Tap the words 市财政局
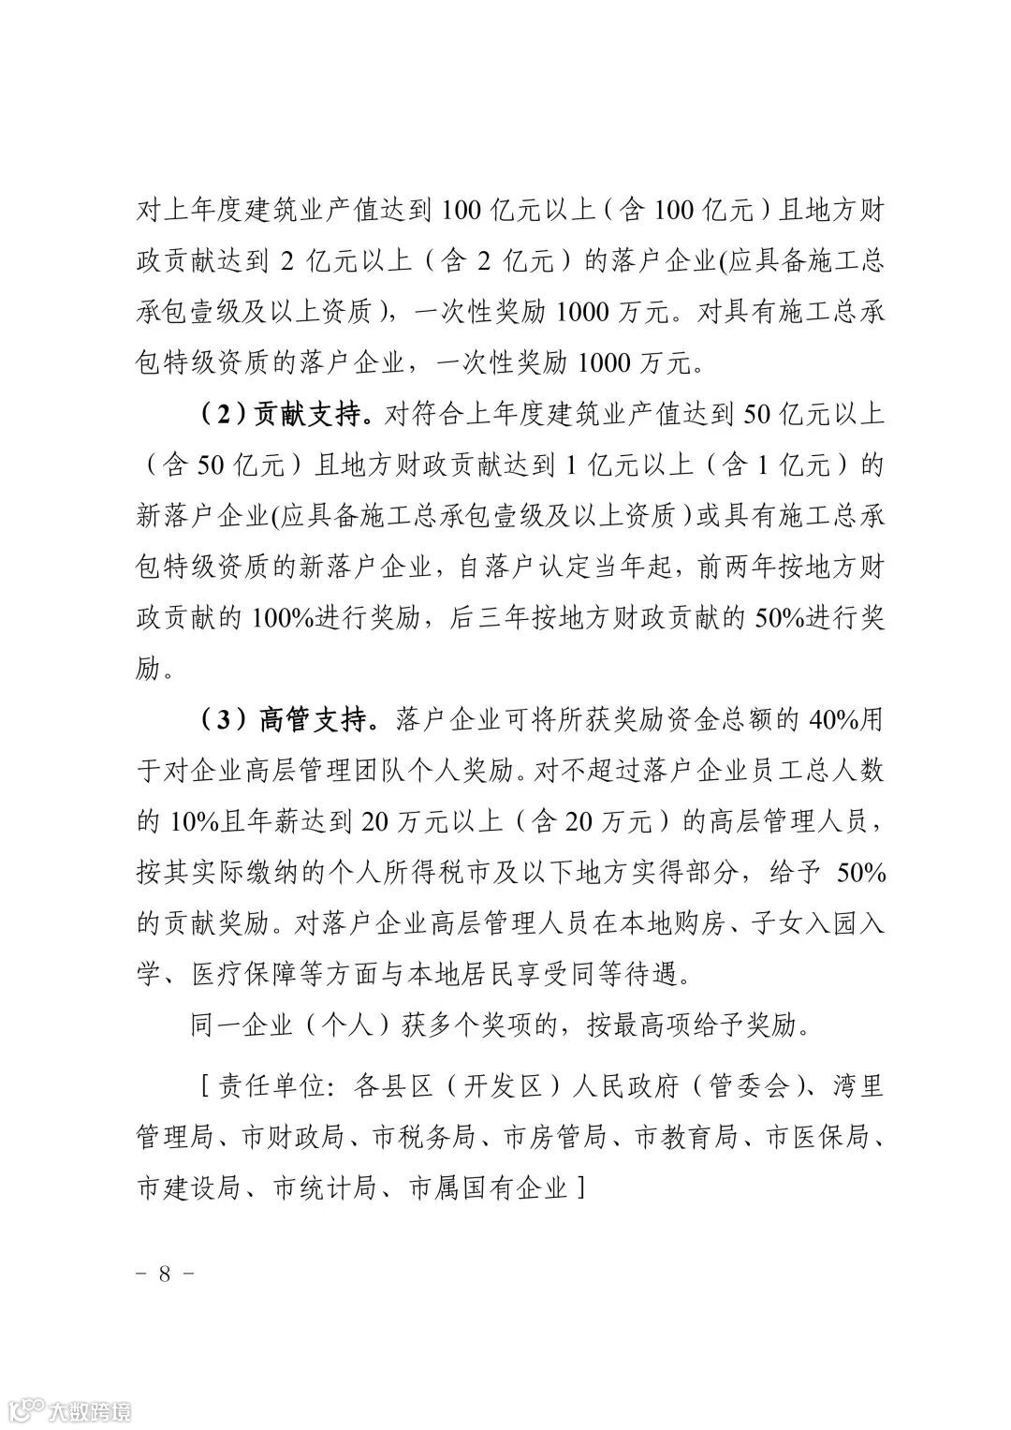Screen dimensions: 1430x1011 click(x=291, y=1138)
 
